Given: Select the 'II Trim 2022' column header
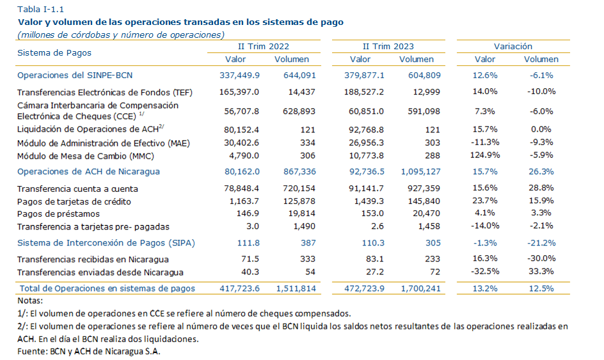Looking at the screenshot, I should point(264,46).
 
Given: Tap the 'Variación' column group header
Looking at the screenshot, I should point(513,46).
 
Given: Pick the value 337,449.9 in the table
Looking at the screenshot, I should point(239,75).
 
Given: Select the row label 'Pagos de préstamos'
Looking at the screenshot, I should point(58,213).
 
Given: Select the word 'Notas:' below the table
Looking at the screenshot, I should point(30,301).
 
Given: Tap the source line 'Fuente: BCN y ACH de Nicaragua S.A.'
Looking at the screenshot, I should point(89,352).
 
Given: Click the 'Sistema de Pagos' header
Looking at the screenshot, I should point(54,52).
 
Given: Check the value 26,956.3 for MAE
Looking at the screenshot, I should point(365,142).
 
